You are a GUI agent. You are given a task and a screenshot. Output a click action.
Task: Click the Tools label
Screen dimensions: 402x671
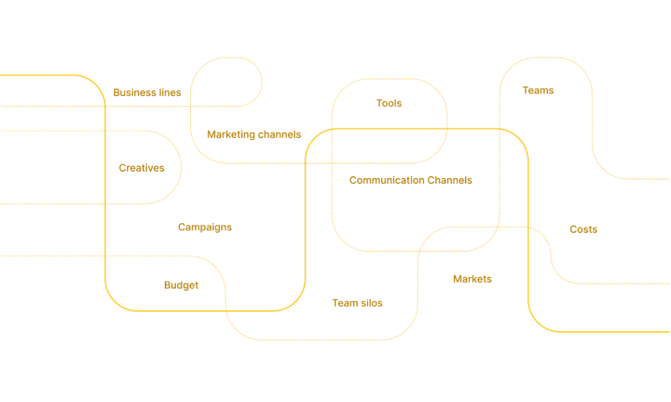[x=389, y=103]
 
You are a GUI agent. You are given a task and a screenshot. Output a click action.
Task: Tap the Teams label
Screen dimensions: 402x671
[x=538, y=90]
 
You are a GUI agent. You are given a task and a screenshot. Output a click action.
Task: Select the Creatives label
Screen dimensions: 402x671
[x=141, y=168]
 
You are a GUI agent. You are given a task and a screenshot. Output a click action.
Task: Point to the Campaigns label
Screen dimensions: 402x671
[x=205, y=227]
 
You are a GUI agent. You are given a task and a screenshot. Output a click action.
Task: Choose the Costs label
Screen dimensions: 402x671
[x=583, y=230]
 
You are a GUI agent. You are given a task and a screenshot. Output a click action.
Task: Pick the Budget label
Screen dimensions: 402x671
[x=181, y=285]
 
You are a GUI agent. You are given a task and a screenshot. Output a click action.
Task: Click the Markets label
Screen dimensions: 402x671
[x=473, y=279]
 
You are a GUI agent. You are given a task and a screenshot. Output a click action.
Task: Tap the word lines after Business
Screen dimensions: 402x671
[x=170, y=93]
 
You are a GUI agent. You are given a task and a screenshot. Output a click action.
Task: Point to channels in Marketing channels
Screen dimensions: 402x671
[x=280, y=135]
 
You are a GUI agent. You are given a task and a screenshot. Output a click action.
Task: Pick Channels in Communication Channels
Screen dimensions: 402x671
[x=450, y=180]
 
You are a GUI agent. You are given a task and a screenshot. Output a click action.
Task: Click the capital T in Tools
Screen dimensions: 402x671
[x=379, y=103]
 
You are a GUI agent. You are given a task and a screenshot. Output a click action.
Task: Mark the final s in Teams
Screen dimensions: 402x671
[x=551, y=91]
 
